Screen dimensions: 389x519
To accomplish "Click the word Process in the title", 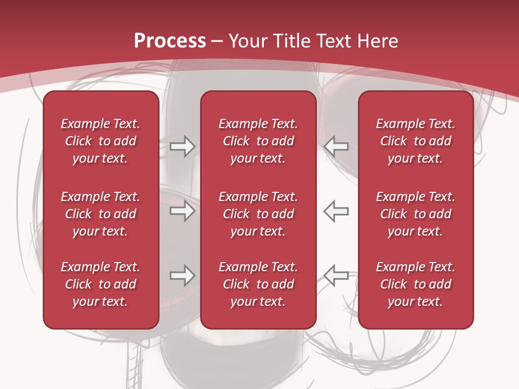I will [x=170, y=41].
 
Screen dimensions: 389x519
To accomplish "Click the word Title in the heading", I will [x=290, y=41].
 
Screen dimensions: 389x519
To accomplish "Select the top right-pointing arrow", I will [x=182, y=146].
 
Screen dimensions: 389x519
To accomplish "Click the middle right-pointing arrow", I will [x=182, y=211].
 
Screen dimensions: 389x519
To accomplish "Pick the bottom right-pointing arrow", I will [x=182, y=276].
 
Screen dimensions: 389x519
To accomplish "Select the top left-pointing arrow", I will [x=336, y=146].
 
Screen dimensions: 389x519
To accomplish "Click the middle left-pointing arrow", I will [x=336, y=211].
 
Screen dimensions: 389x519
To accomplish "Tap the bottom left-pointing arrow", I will [x=336, y=275].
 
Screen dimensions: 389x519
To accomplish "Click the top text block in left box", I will [x=101, y=141].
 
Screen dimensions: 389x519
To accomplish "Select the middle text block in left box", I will [x=101, y=214].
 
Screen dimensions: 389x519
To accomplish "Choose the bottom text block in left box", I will [x=101, y=284].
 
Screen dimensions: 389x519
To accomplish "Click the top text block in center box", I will [x=258, y=141].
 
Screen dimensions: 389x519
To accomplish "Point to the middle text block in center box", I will [x=258, y=214].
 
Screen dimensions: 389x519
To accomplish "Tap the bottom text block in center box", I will [x=258, y=284].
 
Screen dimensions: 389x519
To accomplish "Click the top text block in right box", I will [x=415, y=141].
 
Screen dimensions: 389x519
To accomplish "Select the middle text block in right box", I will [x=415, y=214].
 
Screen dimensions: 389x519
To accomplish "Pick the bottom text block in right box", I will [x=415, y=284].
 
